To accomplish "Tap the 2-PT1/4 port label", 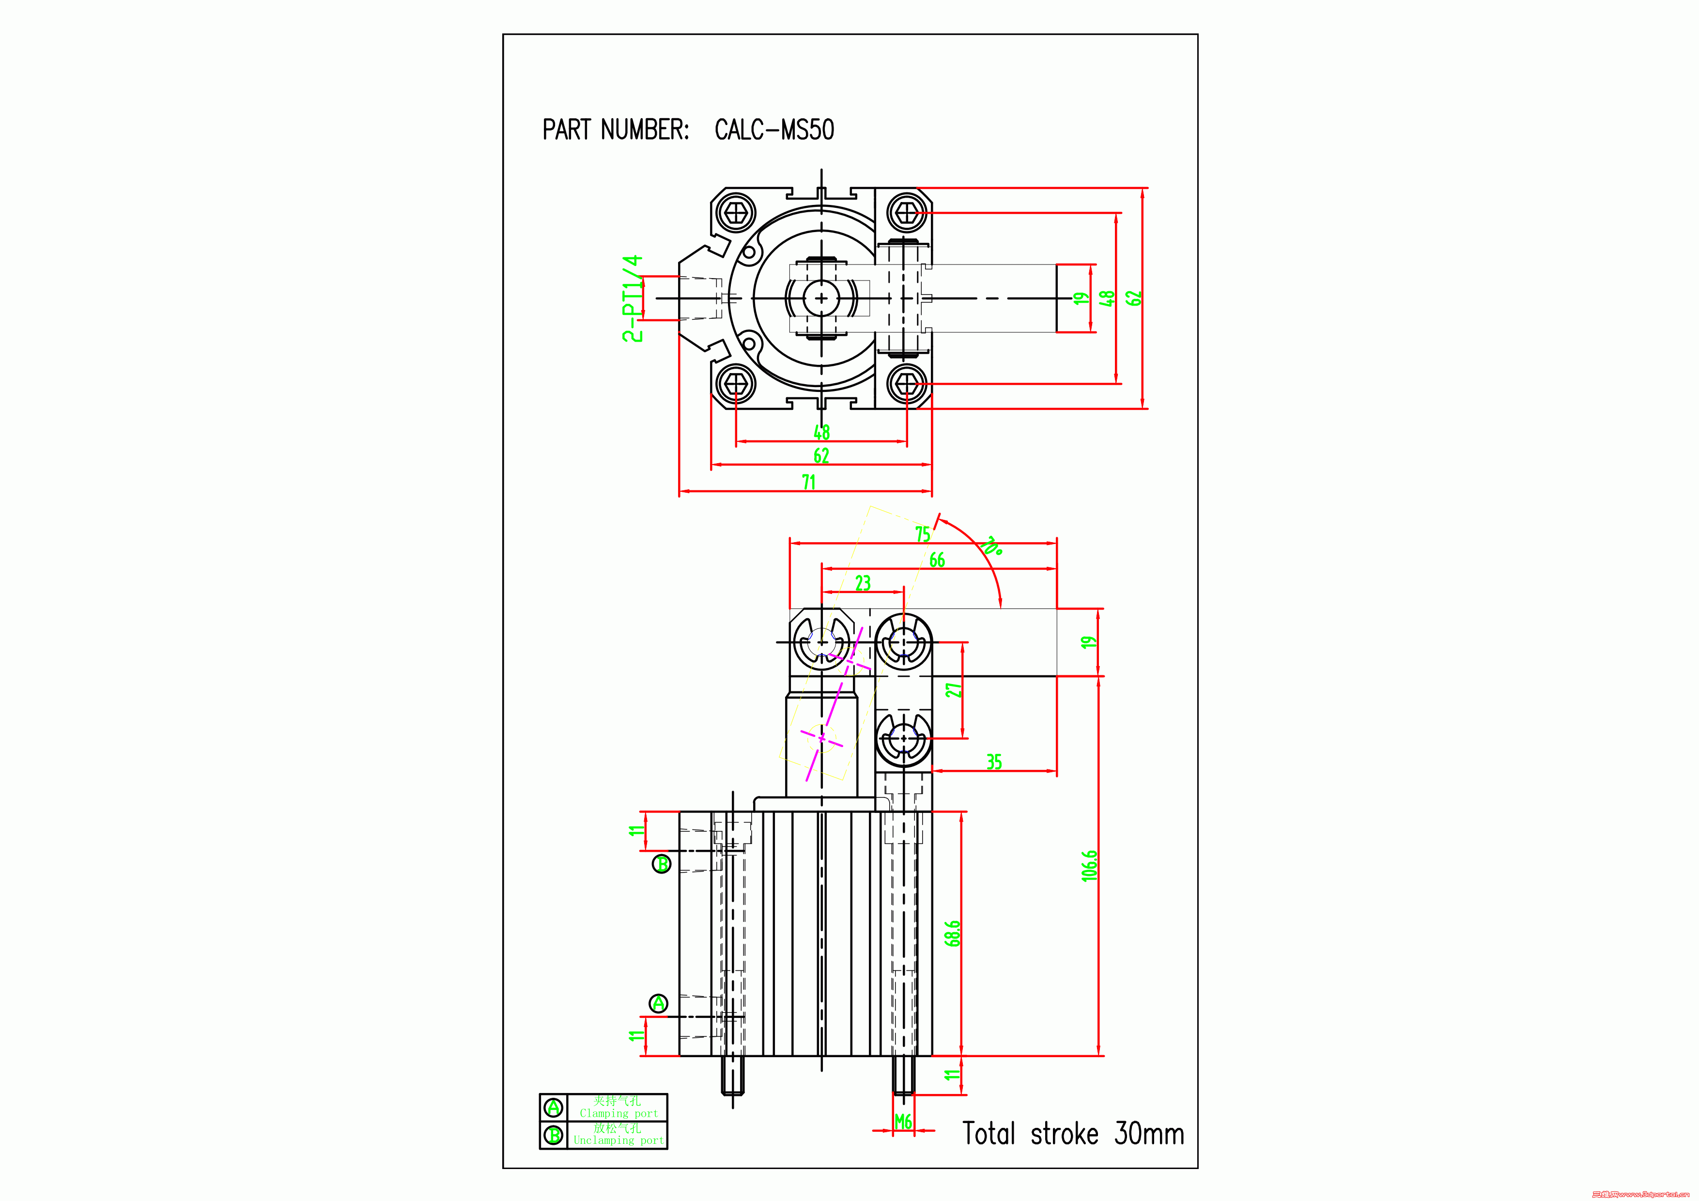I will tap(632, 298).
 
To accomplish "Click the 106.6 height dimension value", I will tap(1089, 865).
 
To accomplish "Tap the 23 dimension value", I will tap(863, 583).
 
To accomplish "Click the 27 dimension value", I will tap(953, 690).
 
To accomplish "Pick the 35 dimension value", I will tap(994, 762).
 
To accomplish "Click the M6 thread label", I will tap(903, 1122).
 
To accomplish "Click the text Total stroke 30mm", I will tap(1072, 1134).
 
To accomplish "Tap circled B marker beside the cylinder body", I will tap(662, 863).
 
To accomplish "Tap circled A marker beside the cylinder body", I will tap(659, 1003).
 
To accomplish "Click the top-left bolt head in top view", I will tap(736, 213).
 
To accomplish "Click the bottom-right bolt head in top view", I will tap(907, 383).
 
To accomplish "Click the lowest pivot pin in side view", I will tap(904, 738).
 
